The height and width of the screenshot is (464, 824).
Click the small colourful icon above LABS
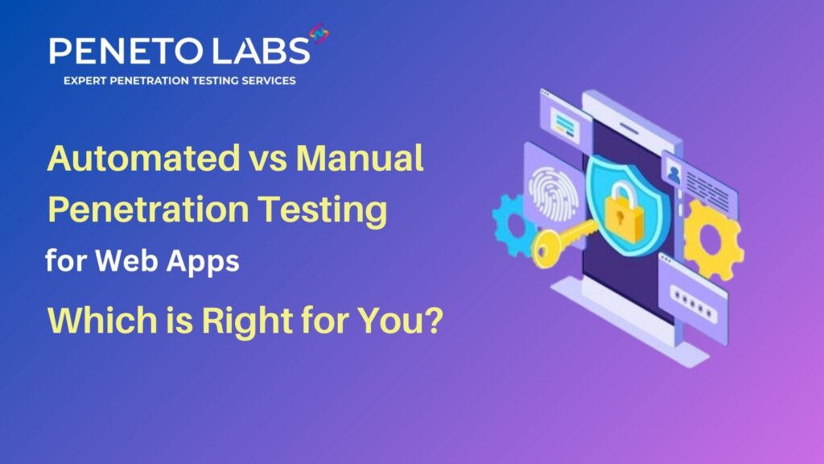tap(319, 34)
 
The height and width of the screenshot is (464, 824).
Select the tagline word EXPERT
tap(84, 81)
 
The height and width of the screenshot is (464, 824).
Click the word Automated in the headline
tap(143, 158)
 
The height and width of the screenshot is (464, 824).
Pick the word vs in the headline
tap(268, 160)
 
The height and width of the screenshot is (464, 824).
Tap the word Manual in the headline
tap(360, 158)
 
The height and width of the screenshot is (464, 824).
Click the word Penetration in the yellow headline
tap(148, 209)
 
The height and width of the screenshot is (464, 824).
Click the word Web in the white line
tap(126, 260)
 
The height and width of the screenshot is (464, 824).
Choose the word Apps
tap(203, 262)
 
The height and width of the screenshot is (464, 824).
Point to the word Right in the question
tap(247, 321)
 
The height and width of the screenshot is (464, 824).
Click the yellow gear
tap(713, 239)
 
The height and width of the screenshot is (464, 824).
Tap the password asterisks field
tap(693, 304)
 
